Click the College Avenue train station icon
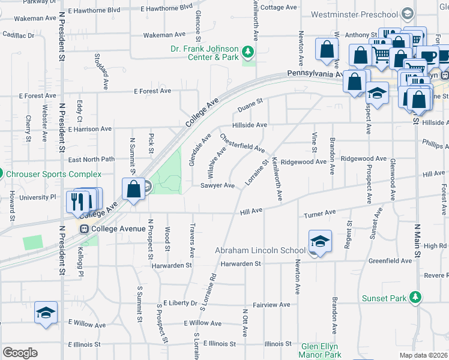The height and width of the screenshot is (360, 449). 84,229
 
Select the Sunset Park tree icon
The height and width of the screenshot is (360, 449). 415,298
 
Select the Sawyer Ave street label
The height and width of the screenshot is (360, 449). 217,186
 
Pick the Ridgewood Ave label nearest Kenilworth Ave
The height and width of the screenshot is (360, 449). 304,162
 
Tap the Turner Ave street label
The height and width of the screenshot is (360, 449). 319,214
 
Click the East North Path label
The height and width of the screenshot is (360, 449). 91,160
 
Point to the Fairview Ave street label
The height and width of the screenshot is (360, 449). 271,305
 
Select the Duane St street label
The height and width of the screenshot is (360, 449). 250,106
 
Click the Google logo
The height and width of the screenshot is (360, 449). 20,353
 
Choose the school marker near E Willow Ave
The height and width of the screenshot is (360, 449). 46,313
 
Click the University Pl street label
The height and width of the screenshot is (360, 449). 37,197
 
